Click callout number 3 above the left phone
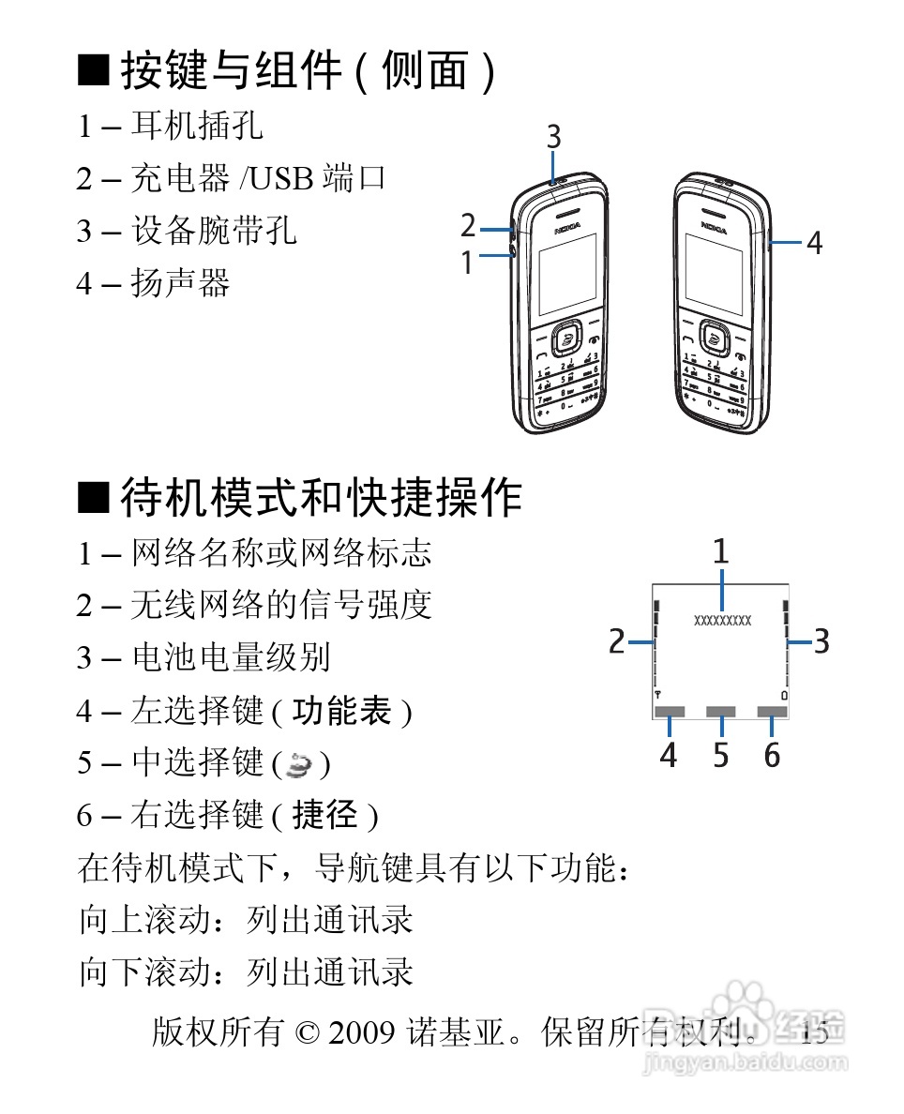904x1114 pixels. pos(554,137)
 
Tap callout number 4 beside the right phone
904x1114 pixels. pos(815,243)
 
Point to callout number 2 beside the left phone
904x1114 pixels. pos(468,227)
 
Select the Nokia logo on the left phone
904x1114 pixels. pos(567,228)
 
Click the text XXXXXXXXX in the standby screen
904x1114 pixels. pos(722,620)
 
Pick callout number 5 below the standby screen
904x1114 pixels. pos(720,755)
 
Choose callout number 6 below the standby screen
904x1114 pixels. pos(772,755)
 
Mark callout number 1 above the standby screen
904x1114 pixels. pos(720,551)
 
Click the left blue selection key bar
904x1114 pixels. pos(670,714)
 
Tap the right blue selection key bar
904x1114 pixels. pos(772,714)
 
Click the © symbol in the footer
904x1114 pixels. pos(307,1033)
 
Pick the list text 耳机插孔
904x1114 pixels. pos(197,126)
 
